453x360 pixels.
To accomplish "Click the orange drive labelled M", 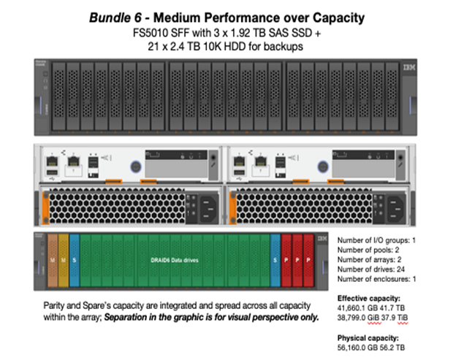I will tap(52, 260).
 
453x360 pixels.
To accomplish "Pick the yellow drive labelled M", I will tap(64, 260).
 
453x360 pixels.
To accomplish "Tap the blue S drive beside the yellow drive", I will tap(75, 260).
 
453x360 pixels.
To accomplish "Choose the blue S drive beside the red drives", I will tap(275, 260).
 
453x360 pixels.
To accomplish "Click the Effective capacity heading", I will tap(368, 298).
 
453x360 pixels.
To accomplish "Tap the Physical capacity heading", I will tap(367, 338).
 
